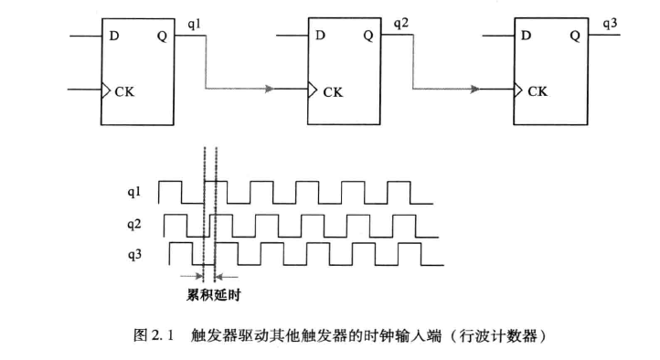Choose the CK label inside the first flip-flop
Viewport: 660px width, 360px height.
[124, 90]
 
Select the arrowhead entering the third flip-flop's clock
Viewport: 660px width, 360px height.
[475, 90]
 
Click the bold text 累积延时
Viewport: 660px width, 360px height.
[211, 295]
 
